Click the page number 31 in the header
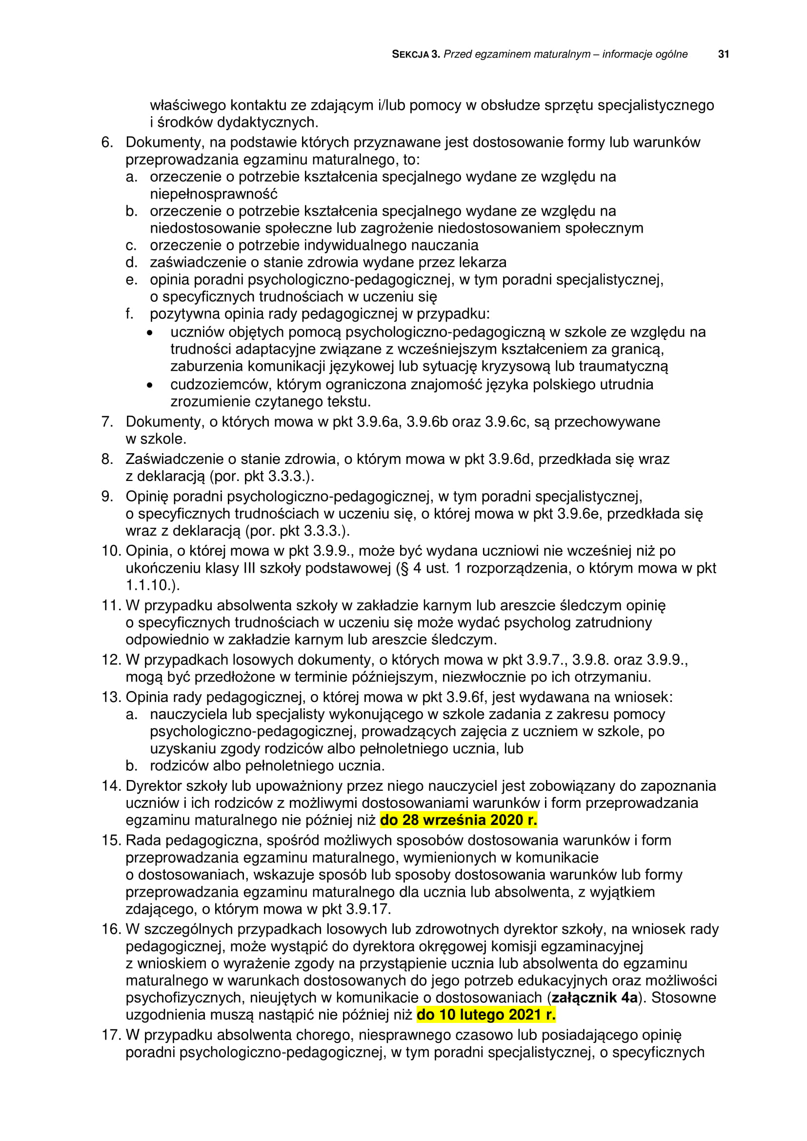(724, 54)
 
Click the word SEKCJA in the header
(410, 55)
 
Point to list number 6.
(107, 142)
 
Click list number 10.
(111, 551)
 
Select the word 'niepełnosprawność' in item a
(214, 194)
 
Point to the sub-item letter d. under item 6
(131, 262)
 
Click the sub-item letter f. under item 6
(130, 314)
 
